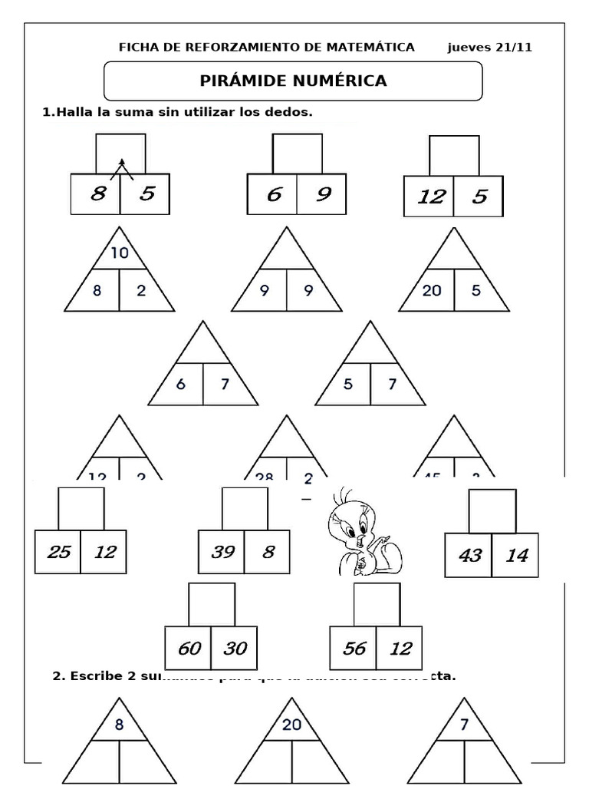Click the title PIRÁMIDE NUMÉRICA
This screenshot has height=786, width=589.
(293, 81)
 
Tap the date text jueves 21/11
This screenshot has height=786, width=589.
(489, 47)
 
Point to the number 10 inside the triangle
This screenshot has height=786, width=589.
(119, 253)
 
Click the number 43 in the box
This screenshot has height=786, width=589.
(469, 554)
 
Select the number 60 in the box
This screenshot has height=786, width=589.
(188, 648)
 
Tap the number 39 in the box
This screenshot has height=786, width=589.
(222, 550)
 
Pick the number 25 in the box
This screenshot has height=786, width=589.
(58, 550)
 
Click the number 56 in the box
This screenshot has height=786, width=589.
(354, 648)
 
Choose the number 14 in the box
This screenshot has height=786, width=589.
(516, 554)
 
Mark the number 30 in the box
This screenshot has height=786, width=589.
(235, 648)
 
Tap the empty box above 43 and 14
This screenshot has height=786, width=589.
(492, 510)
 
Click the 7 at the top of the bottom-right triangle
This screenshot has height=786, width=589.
(463, 724)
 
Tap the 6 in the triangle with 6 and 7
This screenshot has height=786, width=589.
(180, 385)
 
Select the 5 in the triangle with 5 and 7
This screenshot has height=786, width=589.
(348, 385)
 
